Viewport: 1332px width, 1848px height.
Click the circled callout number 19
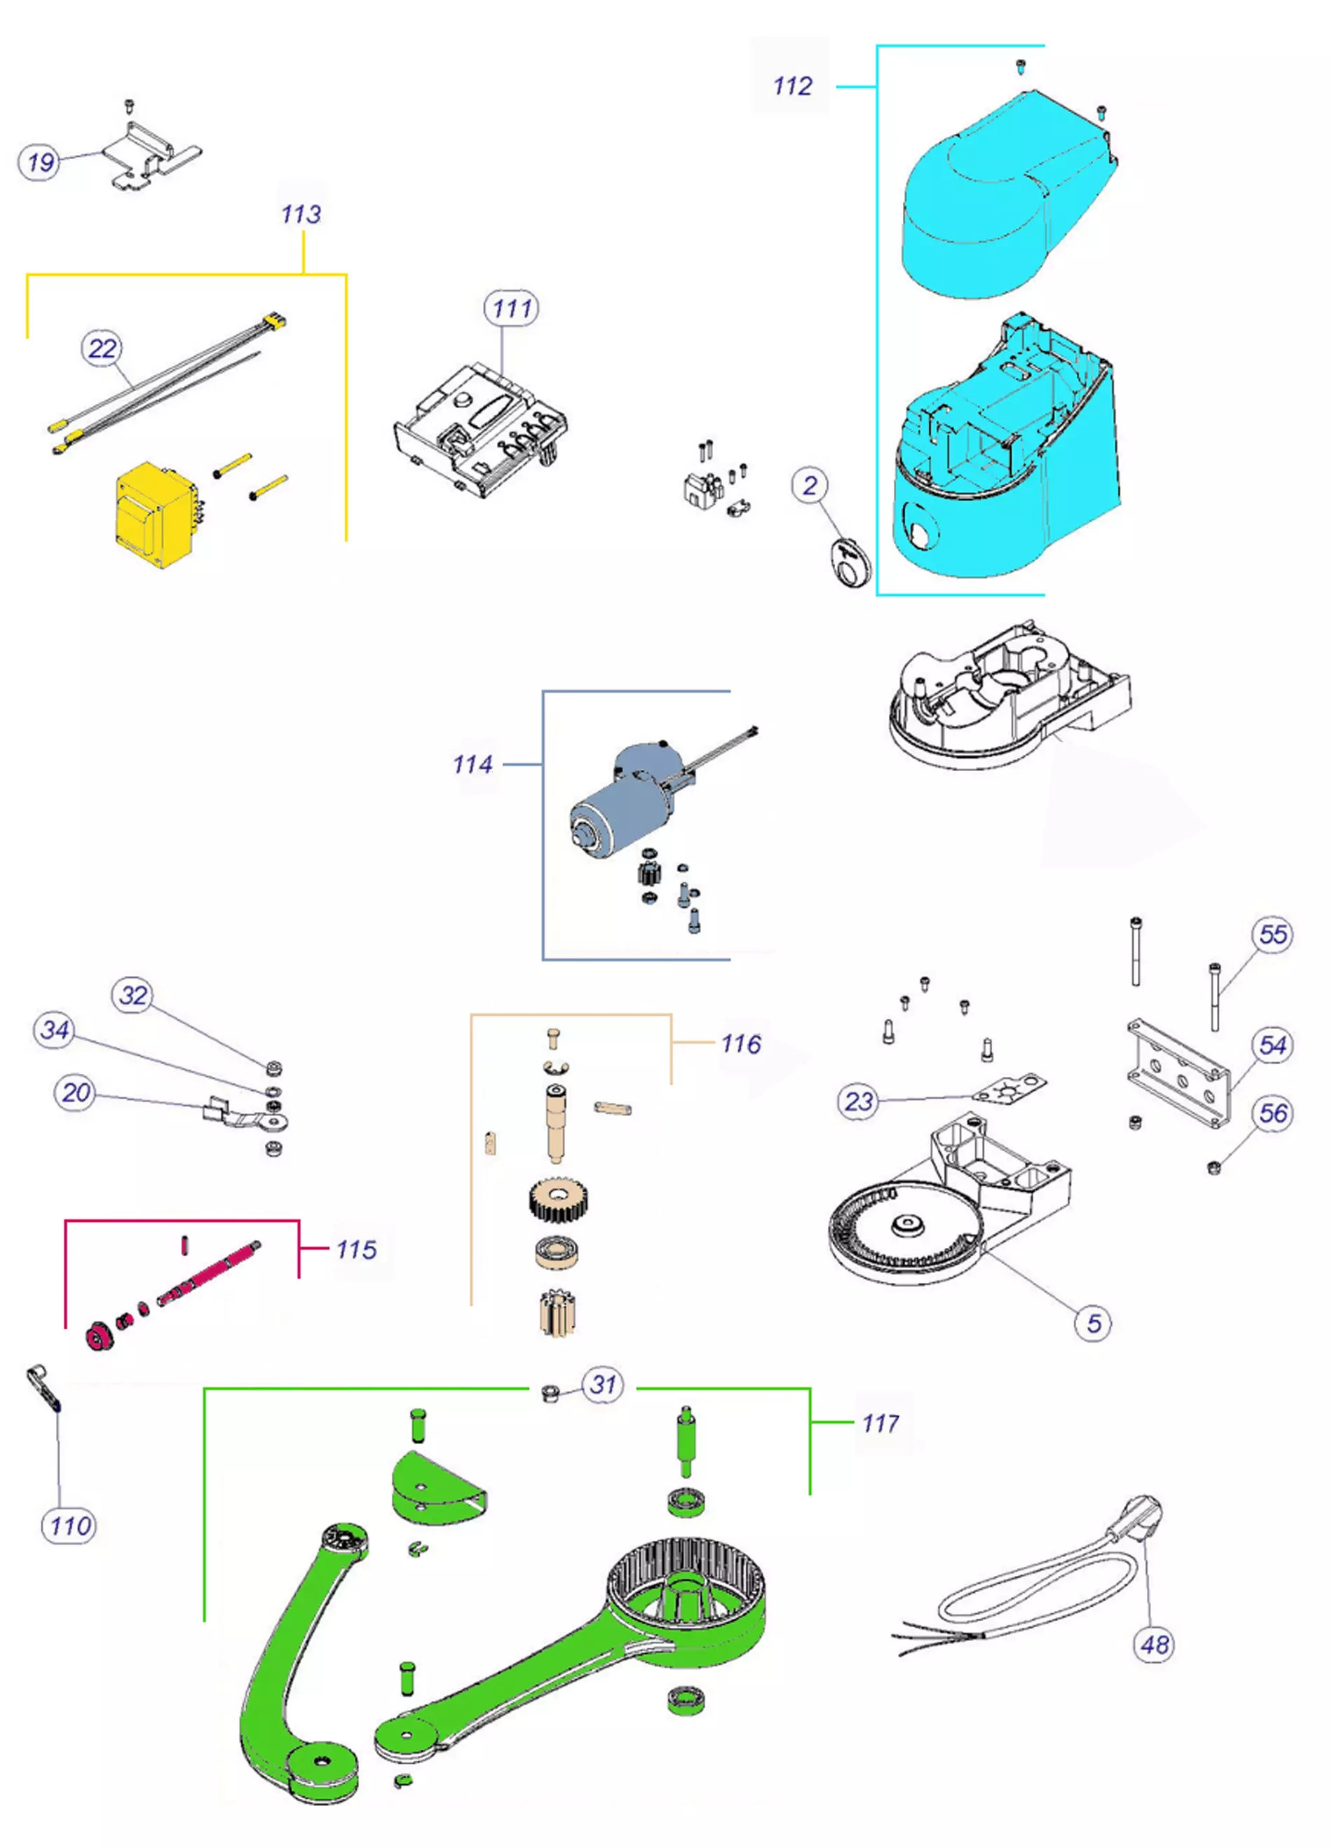(x=40, y=162)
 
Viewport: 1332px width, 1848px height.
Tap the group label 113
(x=301, y=215)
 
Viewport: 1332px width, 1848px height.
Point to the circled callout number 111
(x=512, y=308)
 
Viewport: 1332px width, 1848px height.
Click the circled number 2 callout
(x=810, y=487)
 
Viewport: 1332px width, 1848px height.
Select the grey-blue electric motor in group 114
(x=627, y=803)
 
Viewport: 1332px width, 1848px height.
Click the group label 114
(x=473, y=764)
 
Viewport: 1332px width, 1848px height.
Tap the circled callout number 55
(x=1273, y=935)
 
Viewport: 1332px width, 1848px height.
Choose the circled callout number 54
(x=1273, y=1045)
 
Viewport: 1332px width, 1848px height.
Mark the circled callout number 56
(x=1273, y=1114)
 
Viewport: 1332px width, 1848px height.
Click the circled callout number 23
(x=859, y=1101)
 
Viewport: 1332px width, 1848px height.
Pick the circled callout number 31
(x=603, y=1385)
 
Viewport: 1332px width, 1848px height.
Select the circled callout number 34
(x=55, y=1030)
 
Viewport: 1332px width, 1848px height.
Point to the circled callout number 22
(x=102, y=348)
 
